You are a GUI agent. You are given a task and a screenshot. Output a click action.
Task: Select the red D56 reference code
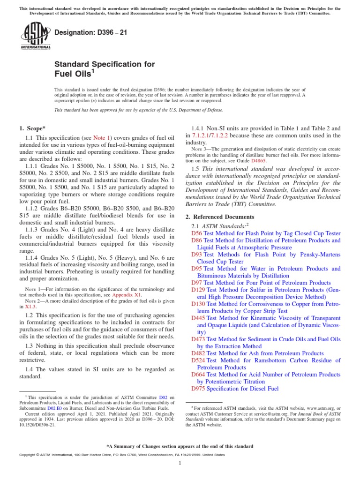[x=196, y=233]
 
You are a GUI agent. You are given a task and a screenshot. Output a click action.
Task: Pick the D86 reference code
[x=196, y=240]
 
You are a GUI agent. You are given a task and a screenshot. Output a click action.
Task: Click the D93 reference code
[x=196, y=254]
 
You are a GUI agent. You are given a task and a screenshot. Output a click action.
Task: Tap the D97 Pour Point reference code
[x=196, y=283]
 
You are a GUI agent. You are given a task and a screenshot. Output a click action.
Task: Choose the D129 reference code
[x=198, y=290]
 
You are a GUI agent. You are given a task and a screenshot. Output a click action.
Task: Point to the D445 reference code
[x=198, y=318]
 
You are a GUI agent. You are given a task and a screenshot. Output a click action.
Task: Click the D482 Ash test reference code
[x=198, y=353]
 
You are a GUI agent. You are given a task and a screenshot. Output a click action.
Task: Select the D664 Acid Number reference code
[x=198, y=375]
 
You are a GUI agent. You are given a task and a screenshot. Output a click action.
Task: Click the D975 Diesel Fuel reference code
[x=198, y=389]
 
